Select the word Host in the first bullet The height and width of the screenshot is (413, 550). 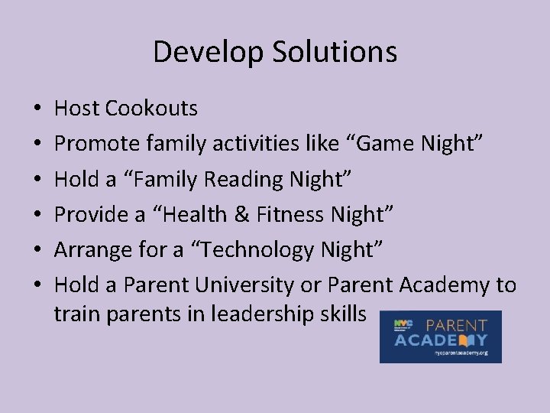coord(76,109)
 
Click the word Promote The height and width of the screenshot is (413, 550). coord(93,144)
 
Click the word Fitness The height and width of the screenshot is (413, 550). coord(290,214)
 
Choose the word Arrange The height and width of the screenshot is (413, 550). coord(91,250)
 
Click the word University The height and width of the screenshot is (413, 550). coord(244,285)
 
